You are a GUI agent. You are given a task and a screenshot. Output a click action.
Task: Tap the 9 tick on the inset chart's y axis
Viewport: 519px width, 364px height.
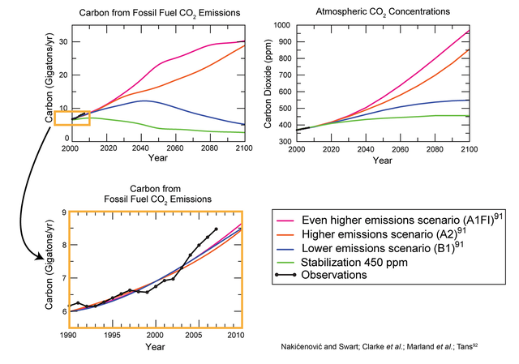(64, 212)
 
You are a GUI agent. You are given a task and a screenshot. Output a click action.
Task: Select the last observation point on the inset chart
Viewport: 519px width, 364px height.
(215, 229)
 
